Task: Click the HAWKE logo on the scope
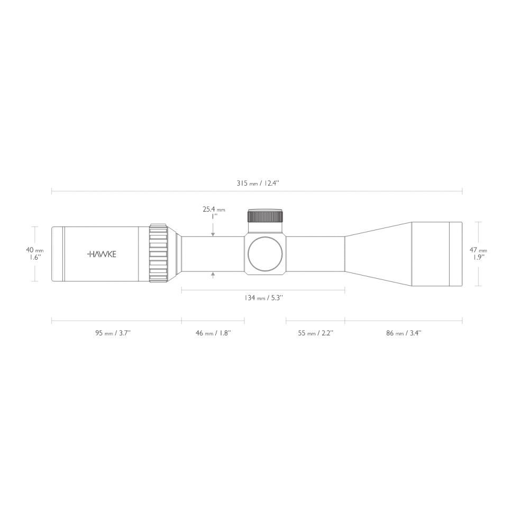(x=102, y=254)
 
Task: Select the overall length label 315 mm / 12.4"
(x=257, y=184)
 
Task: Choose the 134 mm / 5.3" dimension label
(x=263, y=298)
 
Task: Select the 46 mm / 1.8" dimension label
(x=213, y=333)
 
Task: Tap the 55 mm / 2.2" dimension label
(x=315, y=333)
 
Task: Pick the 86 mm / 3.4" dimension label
(x=404, y=333)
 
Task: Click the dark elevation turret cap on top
(x=266, y=216)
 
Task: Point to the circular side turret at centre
(x=266, y=254)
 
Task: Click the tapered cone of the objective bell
(x=378, y=254)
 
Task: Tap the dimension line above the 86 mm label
(x=404, y=320)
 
